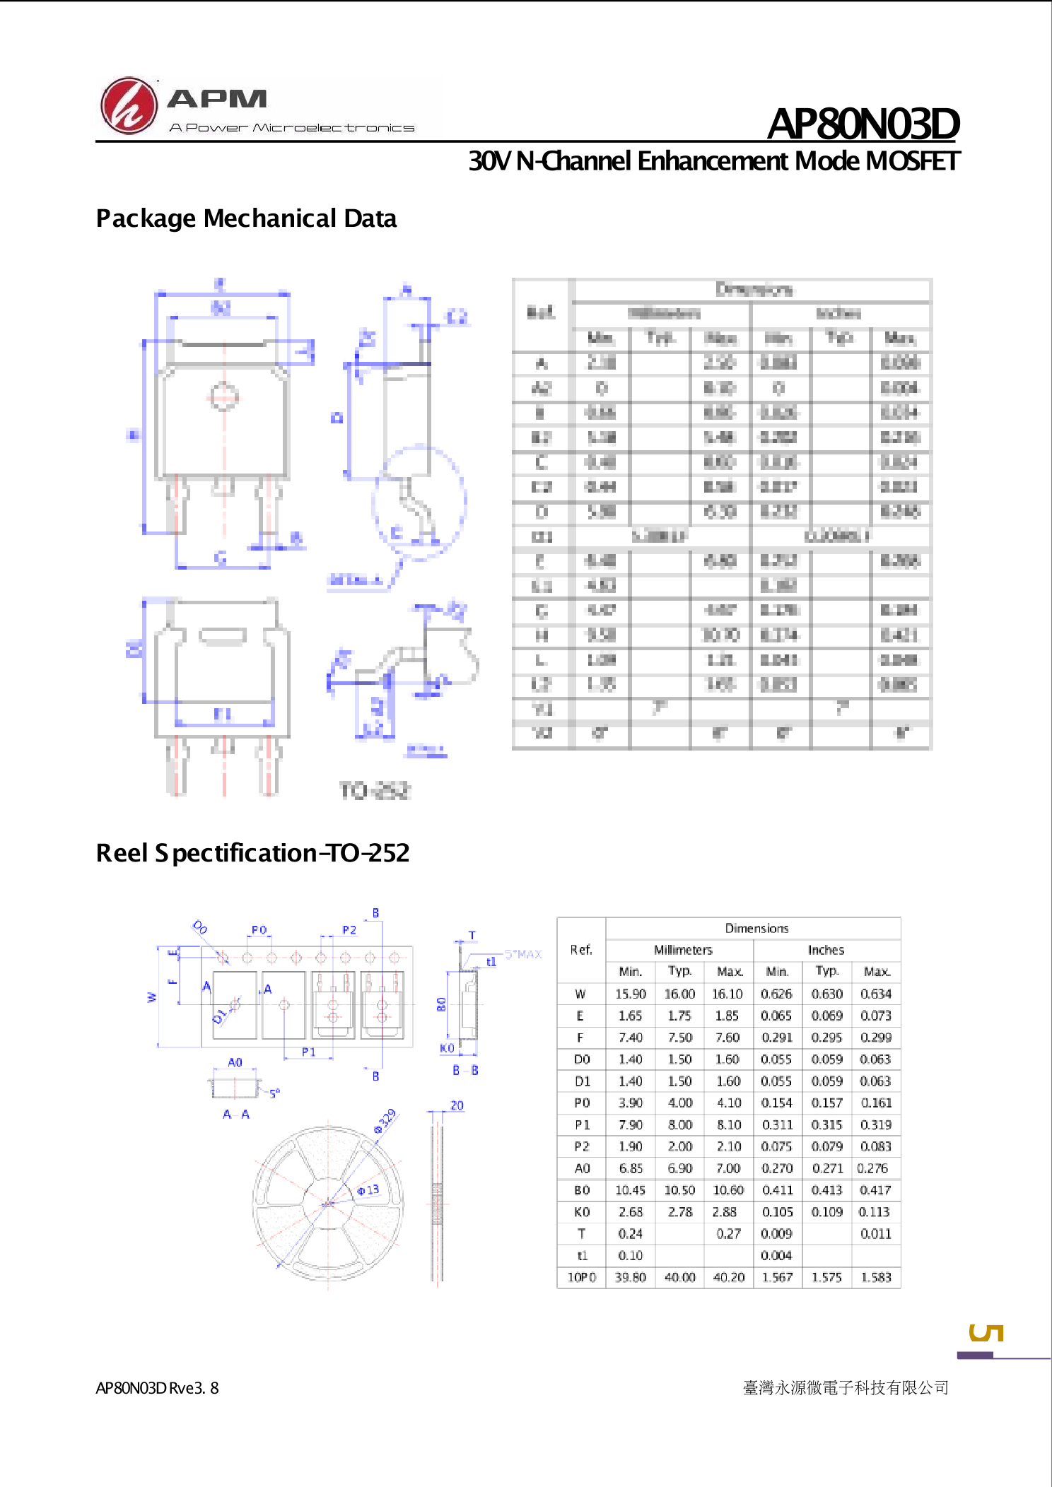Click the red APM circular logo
coord(128,106)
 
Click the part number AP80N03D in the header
coord(863,124)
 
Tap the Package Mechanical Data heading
coord(246,218)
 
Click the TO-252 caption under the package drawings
coord(374,790)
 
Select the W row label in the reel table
coord(580,994)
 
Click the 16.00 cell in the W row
coord(679,994)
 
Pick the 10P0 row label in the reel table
coord(581,1277)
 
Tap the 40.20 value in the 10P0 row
coord(728,1277)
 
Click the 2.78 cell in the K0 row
coord(679,1212)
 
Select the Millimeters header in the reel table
coord(682,950)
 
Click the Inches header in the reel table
coord(826,950)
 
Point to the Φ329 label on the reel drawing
coord(385,1120)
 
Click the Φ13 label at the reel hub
coord(368,1190)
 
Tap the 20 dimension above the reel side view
coord(457,1105)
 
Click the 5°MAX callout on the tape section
coord(522,954)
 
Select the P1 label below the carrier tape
coord(308,1052)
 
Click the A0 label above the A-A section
coord(235,1062)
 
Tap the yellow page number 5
coord(986,1333)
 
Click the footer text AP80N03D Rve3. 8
coord(157,1388)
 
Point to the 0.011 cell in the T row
coord(875,1234)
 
